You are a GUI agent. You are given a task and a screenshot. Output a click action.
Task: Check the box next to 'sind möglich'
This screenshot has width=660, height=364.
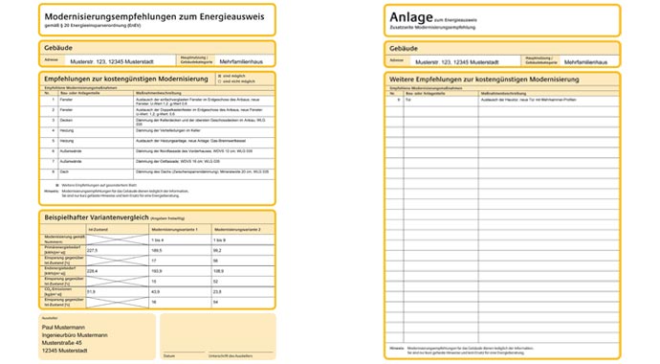[x=219, y=75]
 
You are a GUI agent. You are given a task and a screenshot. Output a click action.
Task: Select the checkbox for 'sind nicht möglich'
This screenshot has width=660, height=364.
[x=219, y=80]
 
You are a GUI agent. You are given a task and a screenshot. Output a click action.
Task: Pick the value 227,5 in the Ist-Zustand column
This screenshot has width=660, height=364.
[x=93, y=250]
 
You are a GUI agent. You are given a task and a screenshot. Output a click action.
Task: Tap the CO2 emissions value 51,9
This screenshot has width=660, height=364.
[x=92, y=291]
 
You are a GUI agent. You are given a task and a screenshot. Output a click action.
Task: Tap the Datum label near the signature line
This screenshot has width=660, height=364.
[x=169, y=356]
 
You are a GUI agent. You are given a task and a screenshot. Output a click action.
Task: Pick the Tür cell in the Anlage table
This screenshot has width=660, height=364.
[x=409, y=100]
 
